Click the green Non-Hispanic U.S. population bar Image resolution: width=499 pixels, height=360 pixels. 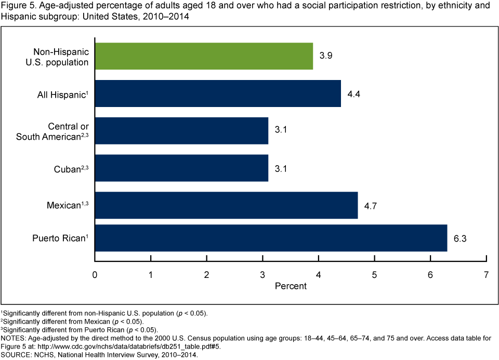click(204, 56)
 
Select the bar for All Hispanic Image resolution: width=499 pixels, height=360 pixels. click(218, 94)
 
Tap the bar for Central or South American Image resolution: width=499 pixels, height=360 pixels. click(181, 131)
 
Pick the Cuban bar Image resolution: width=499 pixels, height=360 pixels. click(181, 168)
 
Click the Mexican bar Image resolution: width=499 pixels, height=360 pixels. click(226, 206)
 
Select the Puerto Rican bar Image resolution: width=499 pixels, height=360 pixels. click(271, 238)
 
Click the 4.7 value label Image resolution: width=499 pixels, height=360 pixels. click(370, 206)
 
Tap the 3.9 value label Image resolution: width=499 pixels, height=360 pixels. click(325, 56)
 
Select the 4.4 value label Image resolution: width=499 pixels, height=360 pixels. click(353, 94)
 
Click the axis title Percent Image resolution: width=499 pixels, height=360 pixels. click(290, 286)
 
